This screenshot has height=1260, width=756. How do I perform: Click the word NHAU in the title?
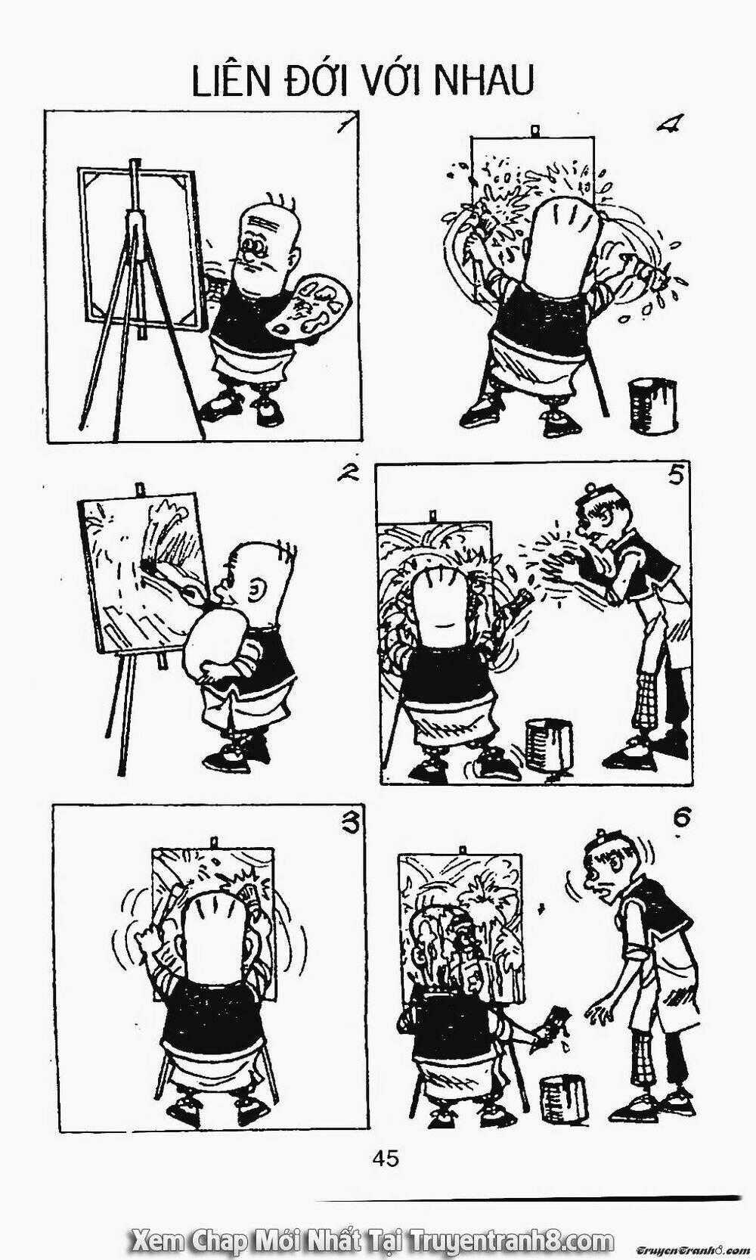pos(485,81)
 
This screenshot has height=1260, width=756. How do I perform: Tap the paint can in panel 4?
pos(652,405)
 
